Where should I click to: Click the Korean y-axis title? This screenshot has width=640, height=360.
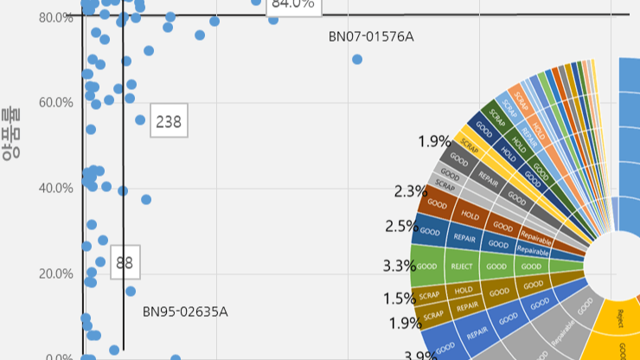pos(11,134)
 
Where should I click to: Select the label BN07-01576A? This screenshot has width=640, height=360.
pos(371,36)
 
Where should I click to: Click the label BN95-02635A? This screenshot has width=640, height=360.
pos(185,311)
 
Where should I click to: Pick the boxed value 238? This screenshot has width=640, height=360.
pos(168,122)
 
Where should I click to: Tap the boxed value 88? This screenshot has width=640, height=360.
pos(125,262)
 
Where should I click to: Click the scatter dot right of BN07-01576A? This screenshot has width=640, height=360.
pos(357,60)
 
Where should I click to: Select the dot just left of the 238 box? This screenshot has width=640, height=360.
pos(140,120)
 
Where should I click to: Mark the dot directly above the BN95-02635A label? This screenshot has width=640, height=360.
pos(131,291)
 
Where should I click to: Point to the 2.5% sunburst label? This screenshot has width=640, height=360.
pos(401,227)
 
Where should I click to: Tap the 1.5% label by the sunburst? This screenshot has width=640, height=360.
pos(400,299)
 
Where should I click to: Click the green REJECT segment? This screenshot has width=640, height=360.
pos(462,267)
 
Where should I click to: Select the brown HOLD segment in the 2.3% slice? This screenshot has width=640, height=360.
pos(470,215)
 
